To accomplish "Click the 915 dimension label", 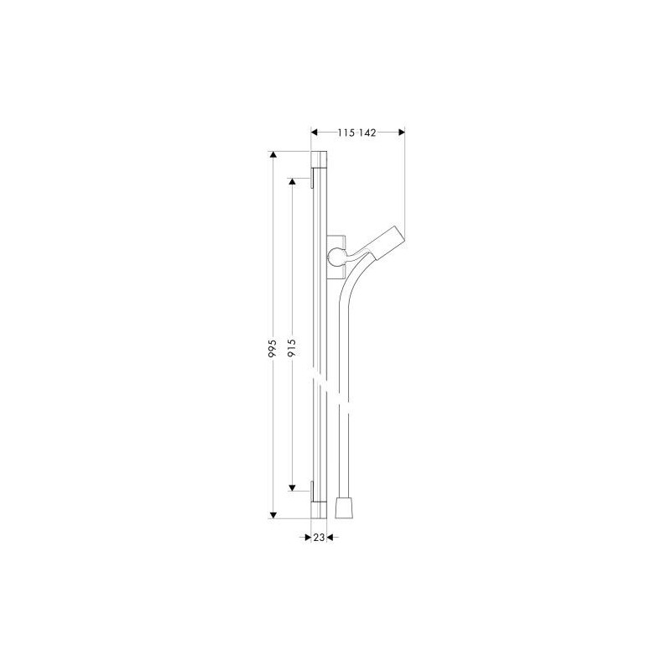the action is tap(292, 348).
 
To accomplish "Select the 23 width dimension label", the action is tap(319, 538).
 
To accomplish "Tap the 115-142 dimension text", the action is tap(357, 133).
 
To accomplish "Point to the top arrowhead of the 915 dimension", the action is tap(292, 181).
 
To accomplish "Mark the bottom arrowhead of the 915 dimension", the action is tap(292, 488).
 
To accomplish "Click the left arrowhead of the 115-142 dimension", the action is tap(314, 133).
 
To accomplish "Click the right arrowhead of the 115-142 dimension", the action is tap(402, 133).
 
